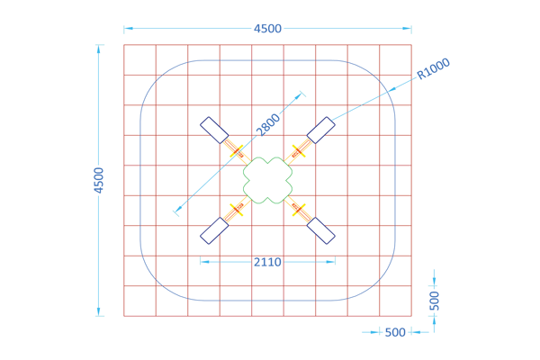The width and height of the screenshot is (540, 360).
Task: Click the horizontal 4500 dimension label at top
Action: pos(267,29)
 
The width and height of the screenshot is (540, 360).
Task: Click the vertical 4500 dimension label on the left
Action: pos(98,180)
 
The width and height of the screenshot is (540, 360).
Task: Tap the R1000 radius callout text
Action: pos(433,68)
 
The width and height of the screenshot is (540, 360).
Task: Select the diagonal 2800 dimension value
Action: pos(268,125)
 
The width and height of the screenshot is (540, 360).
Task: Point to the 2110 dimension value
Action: pos(267,262)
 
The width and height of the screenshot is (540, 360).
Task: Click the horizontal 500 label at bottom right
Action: pos(395,332)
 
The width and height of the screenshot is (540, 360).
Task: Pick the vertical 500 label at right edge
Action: pos(435,301)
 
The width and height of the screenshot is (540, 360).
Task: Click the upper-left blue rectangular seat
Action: pos(214,130)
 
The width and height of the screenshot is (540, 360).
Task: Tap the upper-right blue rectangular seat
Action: pos(321,130)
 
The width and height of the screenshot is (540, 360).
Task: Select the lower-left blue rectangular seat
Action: pos(214,230)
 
